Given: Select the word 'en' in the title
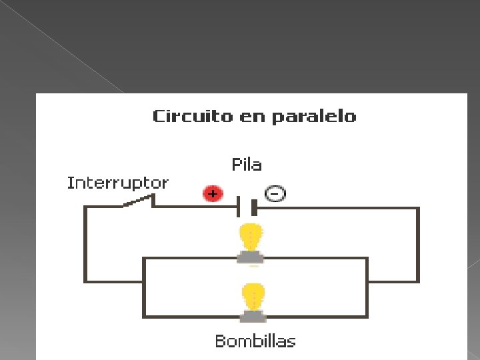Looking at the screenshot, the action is tap(245, 117).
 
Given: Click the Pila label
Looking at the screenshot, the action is tap(247, 165).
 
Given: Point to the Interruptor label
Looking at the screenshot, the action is tap(117, 183).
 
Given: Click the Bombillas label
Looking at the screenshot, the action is tap(255, 341).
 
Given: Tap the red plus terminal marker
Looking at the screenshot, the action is tap(212, 194).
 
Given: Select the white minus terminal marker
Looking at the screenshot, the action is tap(275, 194).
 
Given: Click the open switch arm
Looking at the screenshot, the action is tap(138, 201).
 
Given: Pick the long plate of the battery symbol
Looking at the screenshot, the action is tap(239, 207).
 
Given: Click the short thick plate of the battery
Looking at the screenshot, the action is tap(253, 207).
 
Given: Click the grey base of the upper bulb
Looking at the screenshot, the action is tap(251, 257).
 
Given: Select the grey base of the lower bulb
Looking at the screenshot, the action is tap(253, 314).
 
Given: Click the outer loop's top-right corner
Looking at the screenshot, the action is tap(418, 209).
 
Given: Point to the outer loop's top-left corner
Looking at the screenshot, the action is tap(85, 208).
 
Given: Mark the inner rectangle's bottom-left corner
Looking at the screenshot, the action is tap(145, 316).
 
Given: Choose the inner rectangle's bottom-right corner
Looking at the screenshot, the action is tap(367, 316).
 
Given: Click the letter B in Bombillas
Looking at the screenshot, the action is tap(220, 341).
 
